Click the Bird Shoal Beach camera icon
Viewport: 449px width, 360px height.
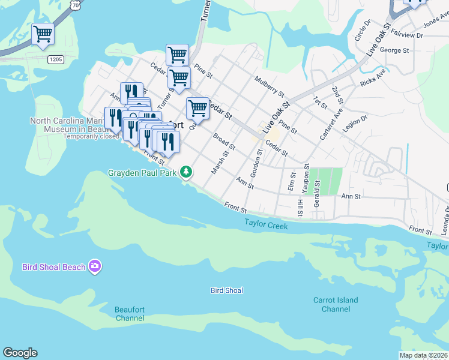94,266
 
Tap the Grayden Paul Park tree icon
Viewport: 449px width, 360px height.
187,172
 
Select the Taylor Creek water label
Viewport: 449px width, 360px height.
266,225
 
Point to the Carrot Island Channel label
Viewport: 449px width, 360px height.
336,304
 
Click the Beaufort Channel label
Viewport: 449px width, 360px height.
130,314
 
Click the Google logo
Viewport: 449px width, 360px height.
20,353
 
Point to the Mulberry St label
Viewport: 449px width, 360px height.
268,86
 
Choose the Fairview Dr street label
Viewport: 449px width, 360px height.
408,35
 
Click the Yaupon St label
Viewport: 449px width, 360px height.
306,177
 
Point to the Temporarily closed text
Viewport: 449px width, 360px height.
93,136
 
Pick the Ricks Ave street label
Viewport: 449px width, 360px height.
373,80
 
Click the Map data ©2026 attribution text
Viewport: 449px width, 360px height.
423,355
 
